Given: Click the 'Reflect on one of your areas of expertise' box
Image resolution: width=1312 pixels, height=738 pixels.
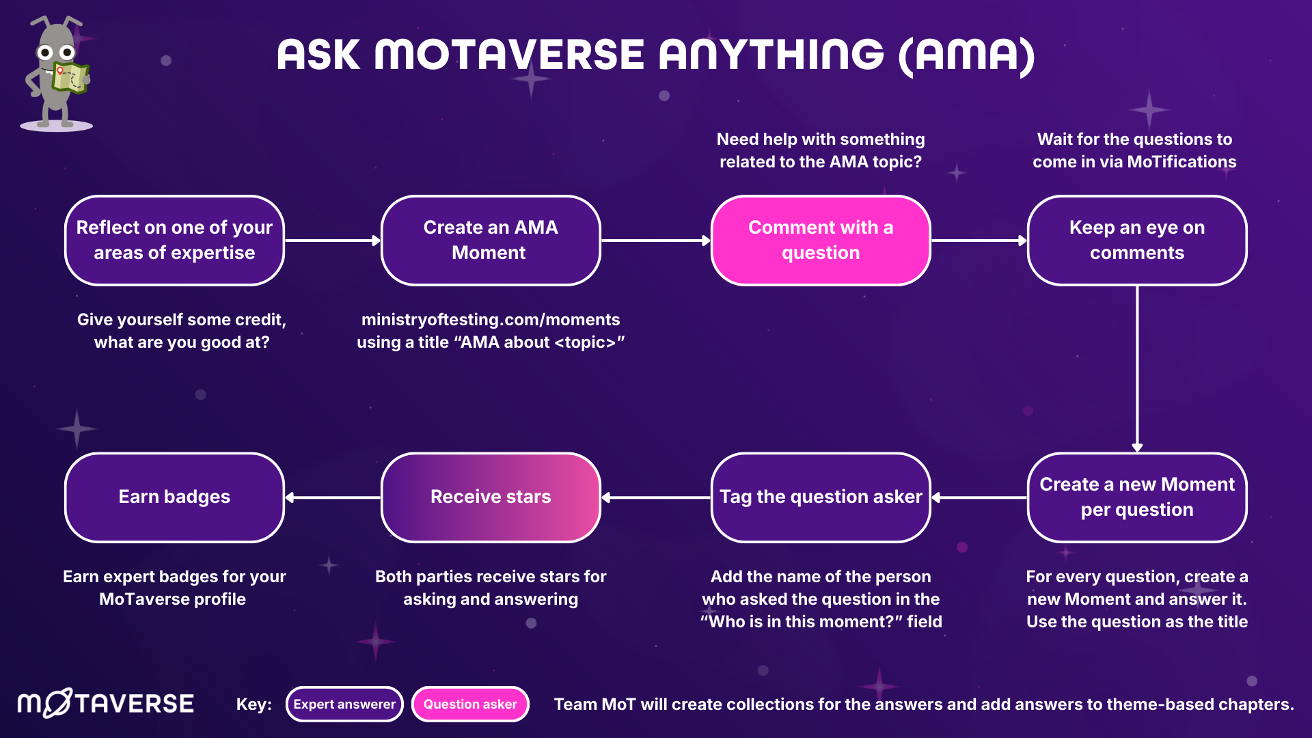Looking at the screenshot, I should [x=174, y=240].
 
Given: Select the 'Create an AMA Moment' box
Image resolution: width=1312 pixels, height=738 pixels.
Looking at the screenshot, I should [x=490, y=240].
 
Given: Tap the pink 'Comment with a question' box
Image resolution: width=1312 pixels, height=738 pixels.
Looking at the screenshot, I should [x=820, y=240].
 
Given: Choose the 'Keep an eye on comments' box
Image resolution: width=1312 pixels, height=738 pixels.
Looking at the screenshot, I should [x=1136, y=240].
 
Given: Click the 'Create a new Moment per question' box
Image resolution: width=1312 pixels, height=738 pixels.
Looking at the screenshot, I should [x=1136, y=497].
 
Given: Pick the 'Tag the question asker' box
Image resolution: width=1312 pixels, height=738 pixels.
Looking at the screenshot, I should [x=820, y=497].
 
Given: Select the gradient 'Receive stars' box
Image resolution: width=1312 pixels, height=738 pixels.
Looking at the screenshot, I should [x=490, y=497].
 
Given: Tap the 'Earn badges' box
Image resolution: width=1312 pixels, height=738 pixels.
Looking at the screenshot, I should [x=174, y=497].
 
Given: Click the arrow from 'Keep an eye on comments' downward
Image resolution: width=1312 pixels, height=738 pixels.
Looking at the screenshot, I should [x=1137, y=369].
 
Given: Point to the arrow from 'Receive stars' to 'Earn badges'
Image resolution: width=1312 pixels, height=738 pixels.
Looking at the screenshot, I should [x=333, y=497].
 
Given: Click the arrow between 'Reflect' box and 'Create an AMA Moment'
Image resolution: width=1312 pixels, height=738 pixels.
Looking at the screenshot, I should [x=333, y=241].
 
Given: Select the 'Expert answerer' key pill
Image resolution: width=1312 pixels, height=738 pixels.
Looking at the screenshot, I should [x=344, y=704].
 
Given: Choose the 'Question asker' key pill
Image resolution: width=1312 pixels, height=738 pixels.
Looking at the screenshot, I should [x=470, y=704].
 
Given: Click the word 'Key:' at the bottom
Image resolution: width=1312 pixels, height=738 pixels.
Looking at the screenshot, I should [x=254, y=704].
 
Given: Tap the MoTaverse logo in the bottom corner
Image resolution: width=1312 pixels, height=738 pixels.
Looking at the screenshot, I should [x=106, y=703].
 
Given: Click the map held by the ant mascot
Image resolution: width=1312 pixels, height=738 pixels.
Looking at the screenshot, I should [x=70, y=77].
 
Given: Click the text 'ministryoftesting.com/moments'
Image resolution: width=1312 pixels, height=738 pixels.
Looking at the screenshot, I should [x=490, y=319].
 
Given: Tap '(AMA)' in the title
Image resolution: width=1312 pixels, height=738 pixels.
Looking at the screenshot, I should [x=967, y=55].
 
